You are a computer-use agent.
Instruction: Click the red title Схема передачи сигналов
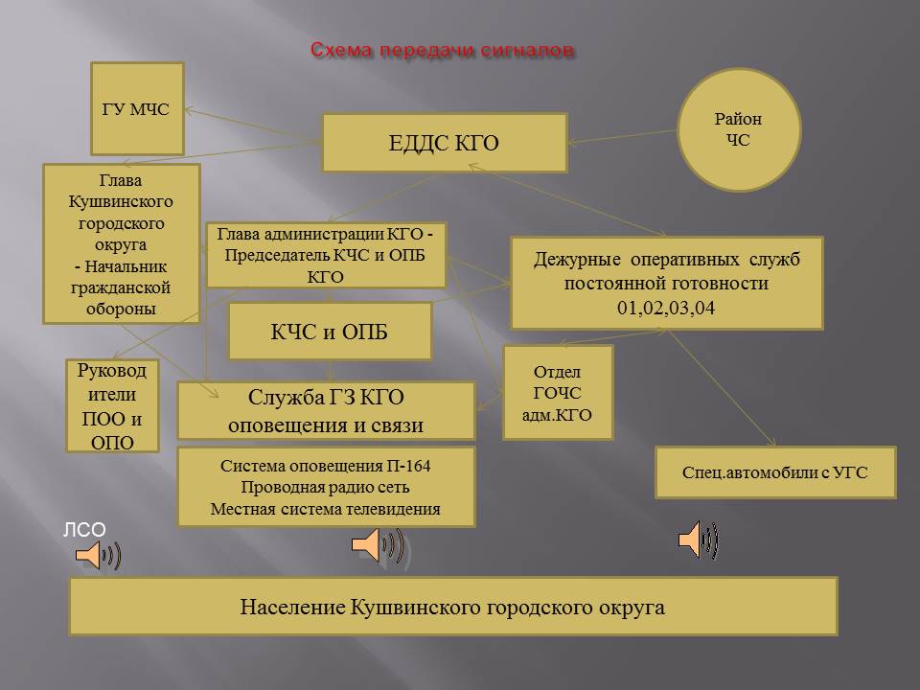[x=442, y=51]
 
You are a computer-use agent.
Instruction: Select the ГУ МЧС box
[x=137, y=108]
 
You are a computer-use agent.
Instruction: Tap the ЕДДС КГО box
[x=445, y=143]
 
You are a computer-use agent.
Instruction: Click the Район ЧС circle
[x=739, y=129]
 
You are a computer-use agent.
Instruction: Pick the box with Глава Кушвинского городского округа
[x=122, y=243]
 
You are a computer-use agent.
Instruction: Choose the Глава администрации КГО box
[x=326, y=255]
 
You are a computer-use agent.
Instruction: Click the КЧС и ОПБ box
[x=330, y=331]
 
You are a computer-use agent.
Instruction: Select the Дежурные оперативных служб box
[x=667, y=283]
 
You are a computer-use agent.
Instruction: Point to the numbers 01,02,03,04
[x=666, y=308]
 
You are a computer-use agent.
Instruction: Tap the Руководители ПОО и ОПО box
[x=112, y=405]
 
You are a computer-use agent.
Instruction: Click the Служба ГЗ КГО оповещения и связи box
[x=326, y=411]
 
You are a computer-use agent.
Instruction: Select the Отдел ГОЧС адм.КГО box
[x=558, y=393]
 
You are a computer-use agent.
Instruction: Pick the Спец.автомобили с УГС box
[x=775, y=472]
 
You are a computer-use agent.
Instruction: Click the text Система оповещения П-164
[x=326, y=466]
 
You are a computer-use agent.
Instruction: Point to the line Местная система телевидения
[x=326, y=509]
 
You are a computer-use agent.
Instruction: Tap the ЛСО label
[x=84, y=530]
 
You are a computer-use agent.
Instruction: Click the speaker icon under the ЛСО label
[x=98, y=555]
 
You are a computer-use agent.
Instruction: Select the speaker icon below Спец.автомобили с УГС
[x=699, y=539]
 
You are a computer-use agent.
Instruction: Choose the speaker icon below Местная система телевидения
[x=379, y=545]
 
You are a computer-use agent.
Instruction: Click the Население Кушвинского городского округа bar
[x=453, y=606]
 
